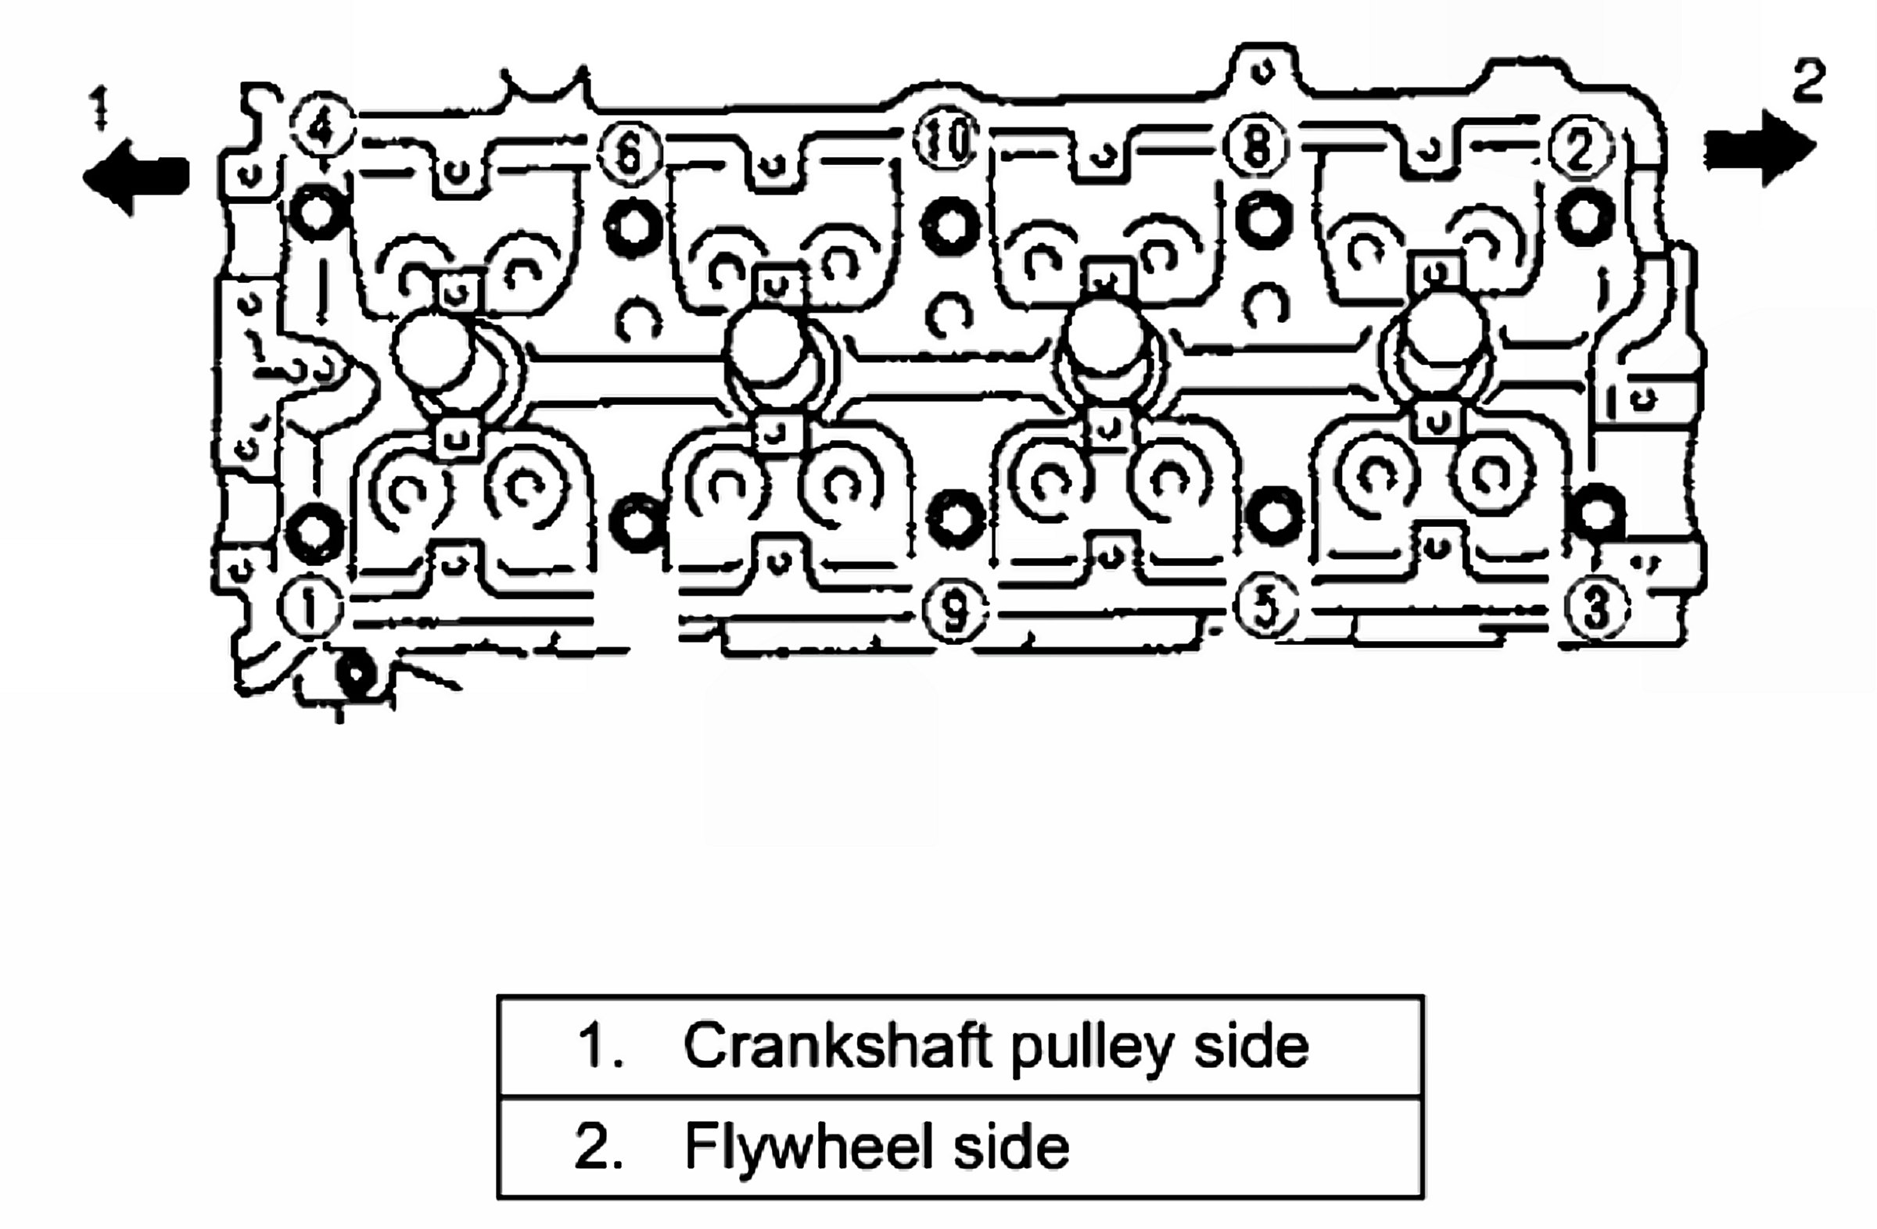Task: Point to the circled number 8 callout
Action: (x=1257, y=147)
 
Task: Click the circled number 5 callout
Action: (x=1265, y=607)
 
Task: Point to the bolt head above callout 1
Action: (x=314, y=532)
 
